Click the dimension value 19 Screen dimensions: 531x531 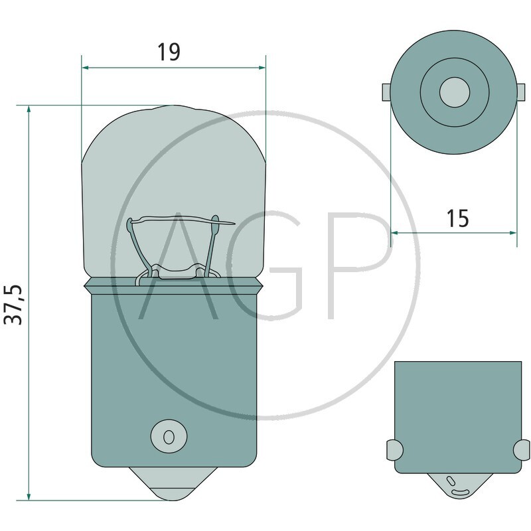(169, 52)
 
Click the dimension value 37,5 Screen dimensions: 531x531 (13, 305)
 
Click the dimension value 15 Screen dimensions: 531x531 (457, 218)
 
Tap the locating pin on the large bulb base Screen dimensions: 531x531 (169, 436)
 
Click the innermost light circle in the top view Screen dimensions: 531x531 (455, 92)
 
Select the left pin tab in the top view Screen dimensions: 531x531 (386, 92)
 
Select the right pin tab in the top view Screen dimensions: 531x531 (521, 92)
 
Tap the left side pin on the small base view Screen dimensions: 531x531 (394, 451)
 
